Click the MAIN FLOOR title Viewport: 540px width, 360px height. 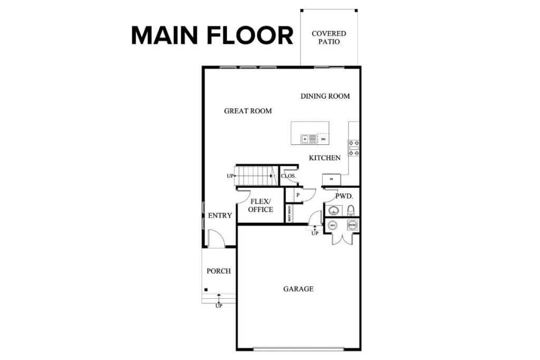pos(212,36)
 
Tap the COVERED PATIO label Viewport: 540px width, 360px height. pos(329,37)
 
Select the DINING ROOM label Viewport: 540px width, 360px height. pos(325,96)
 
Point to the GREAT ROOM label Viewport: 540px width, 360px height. pos(248,111)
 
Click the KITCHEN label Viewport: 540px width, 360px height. pos(324,158)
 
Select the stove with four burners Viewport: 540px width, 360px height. pos(354,148)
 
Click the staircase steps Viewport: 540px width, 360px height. pos(254,176)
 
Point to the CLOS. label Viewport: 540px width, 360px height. pos(288,176)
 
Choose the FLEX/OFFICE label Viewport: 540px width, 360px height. pos(261,206)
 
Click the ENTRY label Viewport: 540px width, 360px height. pos(220,216)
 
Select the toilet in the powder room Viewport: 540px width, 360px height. pos(351,211)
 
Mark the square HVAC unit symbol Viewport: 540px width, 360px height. pos(352,226)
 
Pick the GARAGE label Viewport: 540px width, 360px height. pos(298,289)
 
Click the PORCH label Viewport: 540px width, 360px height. pos(218,271)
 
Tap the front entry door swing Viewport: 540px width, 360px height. pos(215,239)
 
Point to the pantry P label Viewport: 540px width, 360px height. pos(297,194)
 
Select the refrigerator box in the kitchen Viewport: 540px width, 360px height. pos(332,179)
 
